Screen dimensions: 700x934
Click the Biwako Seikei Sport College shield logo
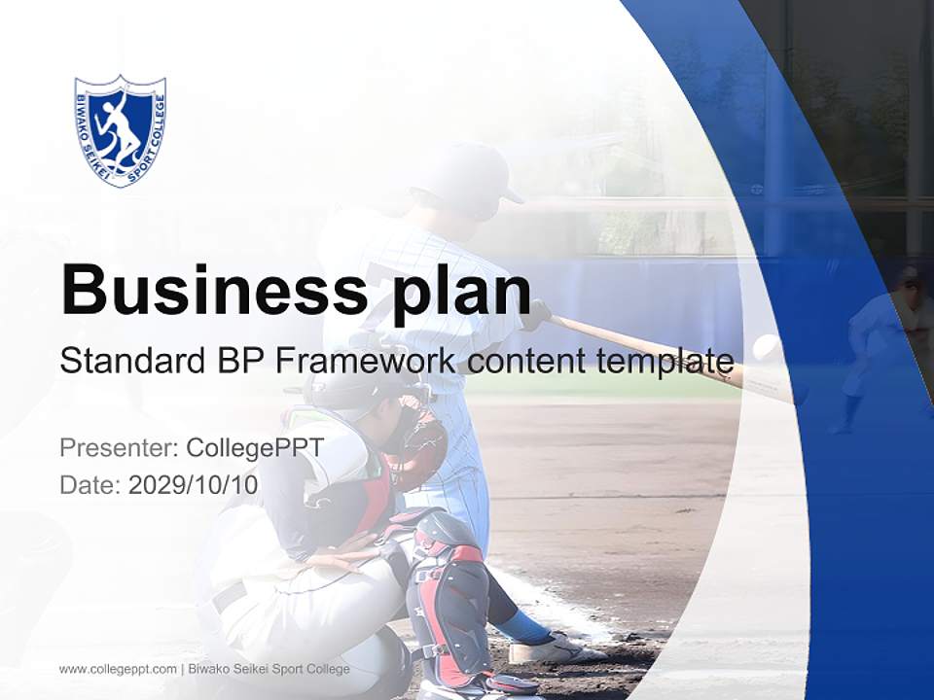120,130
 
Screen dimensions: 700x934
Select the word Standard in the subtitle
130,361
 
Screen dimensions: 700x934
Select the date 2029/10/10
194,485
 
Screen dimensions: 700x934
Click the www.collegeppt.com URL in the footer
118,669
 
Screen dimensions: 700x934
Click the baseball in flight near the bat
769,348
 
